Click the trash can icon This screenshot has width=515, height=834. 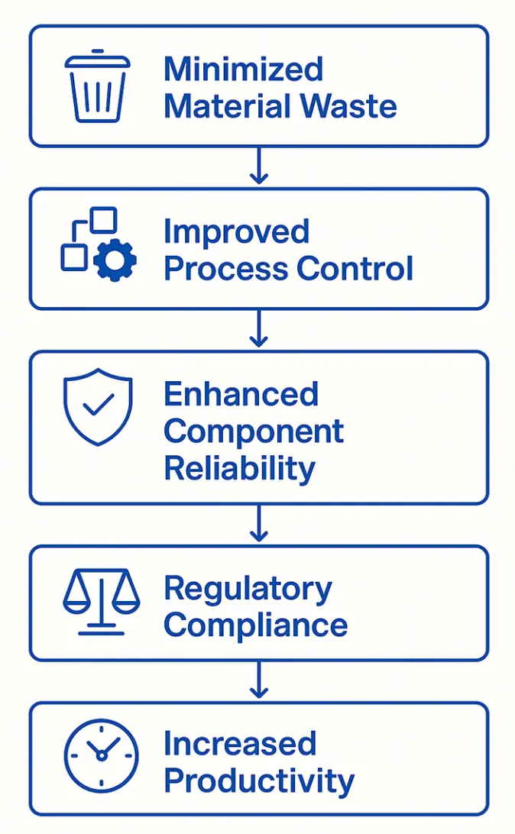pyautogui.click(x=97, y=86)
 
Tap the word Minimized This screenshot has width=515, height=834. pyautogui.click(x=243, y=69)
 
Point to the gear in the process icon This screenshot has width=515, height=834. pyautogui.click(x=115, y=260)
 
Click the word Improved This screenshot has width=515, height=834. pyautogui.click(x=236, y=232)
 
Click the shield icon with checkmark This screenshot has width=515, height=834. pyautogui.click(x=97, y=406)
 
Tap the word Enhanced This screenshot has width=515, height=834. pyautogui.click(x=241, y=395)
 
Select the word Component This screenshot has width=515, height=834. pyautogui.click(x=254, y=432)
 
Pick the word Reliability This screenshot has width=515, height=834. pyautogui.click(x=239, y=468)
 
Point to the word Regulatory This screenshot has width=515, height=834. pyautogui.click(x=248, y=590)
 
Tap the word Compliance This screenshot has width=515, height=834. pyautogui.click(x=255, y=625)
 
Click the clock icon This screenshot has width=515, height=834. pyautogui.click(x=101, y=756)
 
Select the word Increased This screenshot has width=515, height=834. pyautogui.click(x=239, y=744)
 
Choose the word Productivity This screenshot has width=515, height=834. pyautogui.click(x=259, y=781)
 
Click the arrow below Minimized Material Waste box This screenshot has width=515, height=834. pyautogui.click(x=259, y=166)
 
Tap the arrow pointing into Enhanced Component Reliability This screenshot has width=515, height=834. pyautogui.click(x=259, y=329)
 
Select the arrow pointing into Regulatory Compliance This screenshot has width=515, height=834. pyautogui.click(x=259, y=524)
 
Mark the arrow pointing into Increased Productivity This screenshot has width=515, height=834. pyautogui.click(x=259, y=680)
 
